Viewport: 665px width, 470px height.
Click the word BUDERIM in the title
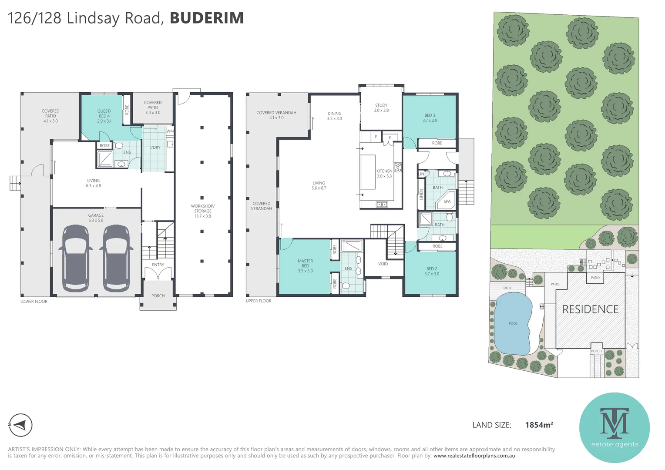207,18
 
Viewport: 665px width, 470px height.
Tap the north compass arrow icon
20,425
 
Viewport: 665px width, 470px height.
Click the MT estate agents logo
614,427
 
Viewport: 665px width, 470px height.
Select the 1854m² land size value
539,425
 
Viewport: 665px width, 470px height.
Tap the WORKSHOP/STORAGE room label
203,211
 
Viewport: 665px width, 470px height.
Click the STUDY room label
381,107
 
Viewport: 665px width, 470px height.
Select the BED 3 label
430,117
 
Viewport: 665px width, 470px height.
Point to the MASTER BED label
305,265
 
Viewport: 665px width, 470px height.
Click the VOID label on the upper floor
383,264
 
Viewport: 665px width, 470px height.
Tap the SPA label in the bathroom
447,201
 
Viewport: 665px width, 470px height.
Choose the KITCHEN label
384,173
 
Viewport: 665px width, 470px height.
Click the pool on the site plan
514,323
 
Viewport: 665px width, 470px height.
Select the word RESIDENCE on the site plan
590,309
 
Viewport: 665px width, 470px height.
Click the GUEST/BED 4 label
104,116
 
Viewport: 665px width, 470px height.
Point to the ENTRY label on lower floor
158,265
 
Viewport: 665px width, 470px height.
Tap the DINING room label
334,116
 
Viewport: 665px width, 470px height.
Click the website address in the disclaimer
474,456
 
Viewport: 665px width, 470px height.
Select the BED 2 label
432,271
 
